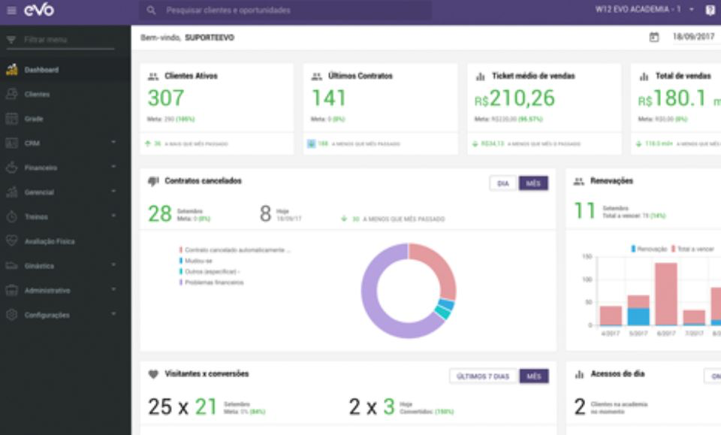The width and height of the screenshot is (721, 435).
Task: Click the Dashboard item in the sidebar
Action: click(41, 70)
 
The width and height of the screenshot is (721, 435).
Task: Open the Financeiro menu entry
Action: click(41, 168)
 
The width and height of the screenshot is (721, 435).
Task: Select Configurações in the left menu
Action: click(47, 315)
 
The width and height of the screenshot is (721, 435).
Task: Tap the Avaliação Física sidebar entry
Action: click(49, 241)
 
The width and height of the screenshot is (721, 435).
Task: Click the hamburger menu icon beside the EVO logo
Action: click(11, 11)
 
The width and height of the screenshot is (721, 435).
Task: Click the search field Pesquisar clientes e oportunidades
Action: click(285, 11)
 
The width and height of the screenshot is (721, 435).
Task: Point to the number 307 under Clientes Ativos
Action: click(165, 98)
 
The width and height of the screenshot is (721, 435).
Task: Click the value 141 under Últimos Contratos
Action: click(329, 98)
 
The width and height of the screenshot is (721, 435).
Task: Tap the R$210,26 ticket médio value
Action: click(514, 98)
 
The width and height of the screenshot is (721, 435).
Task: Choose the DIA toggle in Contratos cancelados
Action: click(503, 183)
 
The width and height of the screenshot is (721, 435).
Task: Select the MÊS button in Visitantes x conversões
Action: click(534, 376)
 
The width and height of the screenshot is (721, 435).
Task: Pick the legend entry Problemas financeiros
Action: click(214, 282)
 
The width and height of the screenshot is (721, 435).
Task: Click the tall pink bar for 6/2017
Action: click(665, 293)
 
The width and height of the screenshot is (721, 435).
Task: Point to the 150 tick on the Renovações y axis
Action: click(587, 257)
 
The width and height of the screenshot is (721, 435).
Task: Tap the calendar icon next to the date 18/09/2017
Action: click(653, 37)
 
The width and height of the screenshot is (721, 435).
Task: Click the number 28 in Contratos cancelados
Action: click(160, 213)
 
